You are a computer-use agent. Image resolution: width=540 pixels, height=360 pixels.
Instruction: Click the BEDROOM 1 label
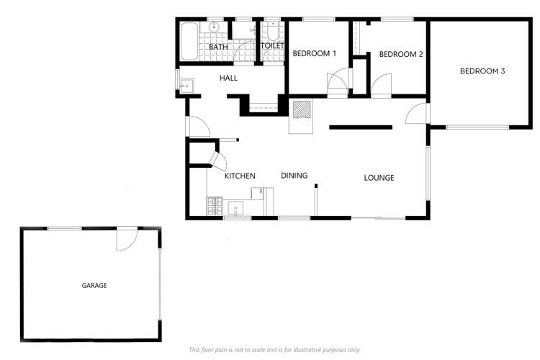(314, 53)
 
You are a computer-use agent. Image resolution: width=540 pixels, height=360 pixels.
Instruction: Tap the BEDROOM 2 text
(399, 54)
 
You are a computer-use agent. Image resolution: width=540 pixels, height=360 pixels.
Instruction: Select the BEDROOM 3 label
(482, 71)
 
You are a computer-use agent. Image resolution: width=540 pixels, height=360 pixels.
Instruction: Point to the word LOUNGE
(379, 178)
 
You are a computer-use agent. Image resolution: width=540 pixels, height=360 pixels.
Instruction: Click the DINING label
(294, 175)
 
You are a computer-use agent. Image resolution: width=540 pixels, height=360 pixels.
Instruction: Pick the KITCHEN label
(240, 176)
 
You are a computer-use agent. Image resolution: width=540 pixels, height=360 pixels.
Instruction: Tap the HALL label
(228, 78)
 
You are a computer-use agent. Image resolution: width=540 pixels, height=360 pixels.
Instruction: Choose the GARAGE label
(94, 286)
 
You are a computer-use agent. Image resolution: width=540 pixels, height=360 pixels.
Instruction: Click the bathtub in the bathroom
(189, 42)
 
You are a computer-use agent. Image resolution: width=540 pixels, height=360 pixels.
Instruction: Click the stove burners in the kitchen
(215, 207)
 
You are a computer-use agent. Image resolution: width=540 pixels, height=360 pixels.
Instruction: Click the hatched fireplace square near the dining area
(302, 109)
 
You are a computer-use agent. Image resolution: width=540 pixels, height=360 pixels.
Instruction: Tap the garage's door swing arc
(127, 240)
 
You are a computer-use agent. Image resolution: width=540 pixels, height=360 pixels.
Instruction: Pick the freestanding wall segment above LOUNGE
(361, 127)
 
